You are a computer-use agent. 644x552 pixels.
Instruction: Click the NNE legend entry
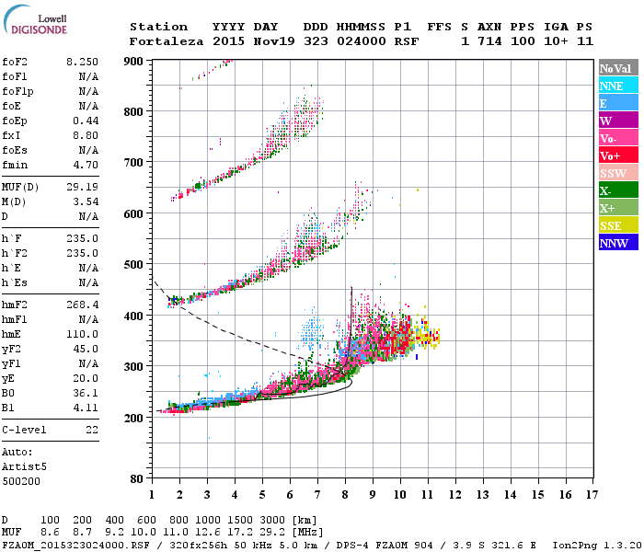(x=612, y=86)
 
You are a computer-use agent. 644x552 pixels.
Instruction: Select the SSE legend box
(x=612, y=225)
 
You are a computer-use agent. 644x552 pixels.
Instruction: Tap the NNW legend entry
(x=612, y=243)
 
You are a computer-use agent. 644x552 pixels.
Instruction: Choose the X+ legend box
(x=612, y=208)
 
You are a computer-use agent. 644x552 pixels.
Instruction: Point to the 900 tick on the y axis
(x=134, y=61)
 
